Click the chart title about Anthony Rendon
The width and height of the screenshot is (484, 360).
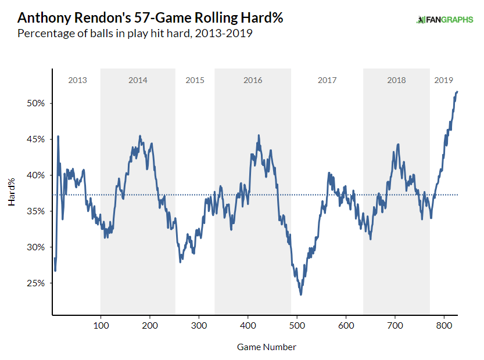[150, 18]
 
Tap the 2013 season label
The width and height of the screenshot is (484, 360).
[77, 80]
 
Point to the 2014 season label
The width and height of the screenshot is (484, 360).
[138, 80]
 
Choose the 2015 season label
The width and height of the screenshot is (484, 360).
[195, 80]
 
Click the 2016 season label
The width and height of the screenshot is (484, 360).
[253, 80]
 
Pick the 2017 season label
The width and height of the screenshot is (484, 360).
[327, 80]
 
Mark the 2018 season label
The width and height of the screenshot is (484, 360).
[396, 80]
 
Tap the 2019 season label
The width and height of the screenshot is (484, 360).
[444, 80]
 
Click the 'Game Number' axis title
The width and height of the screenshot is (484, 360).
[266, 347]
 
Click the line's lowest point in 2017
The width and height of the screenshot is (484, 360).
[301, 294]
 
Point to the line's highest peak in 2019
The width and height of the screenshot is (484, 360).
[458, 91]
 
